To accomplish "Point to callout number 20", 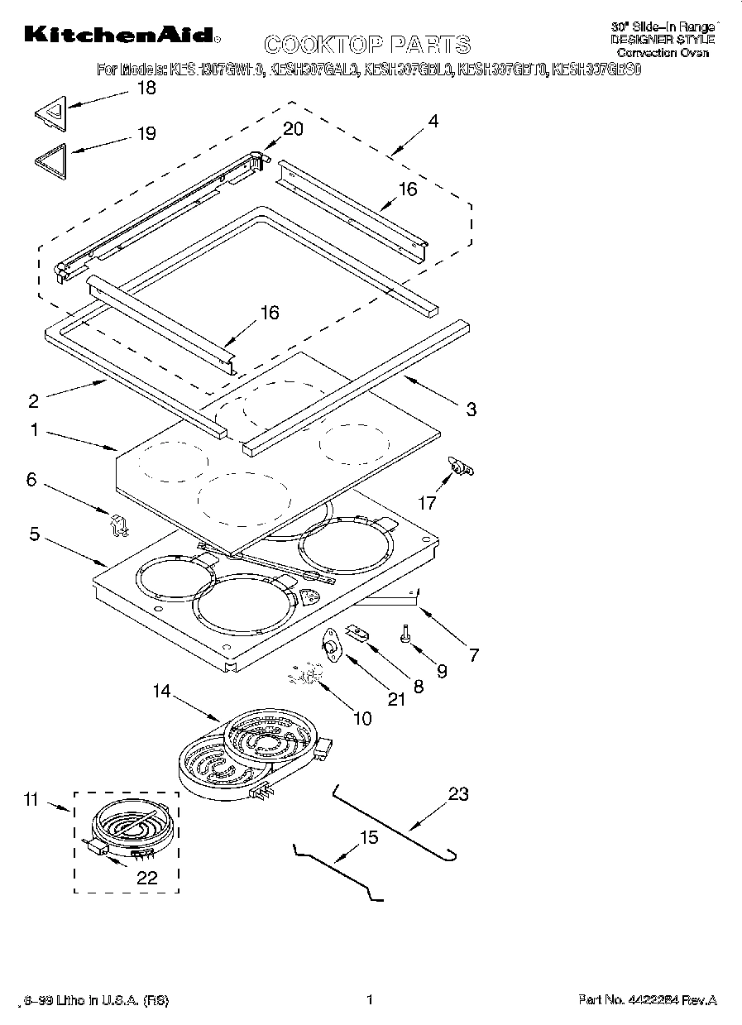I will coord(293,129).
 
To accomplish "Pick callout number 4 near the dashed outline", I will coord(433,121).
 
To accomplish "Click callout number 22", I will coord(146,879).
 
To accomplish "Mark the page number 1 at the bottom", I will coord(371,999).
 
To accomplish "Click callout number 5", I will coord(34,534).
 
